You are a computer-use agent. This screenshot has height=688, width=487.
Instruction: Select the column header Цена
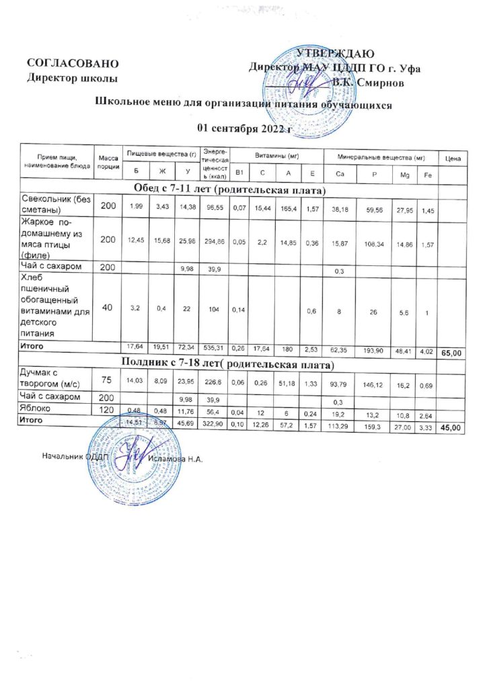pos(453,159)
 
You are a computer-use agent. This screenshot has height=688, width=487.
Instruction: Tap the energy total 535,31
pos(217,347)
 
